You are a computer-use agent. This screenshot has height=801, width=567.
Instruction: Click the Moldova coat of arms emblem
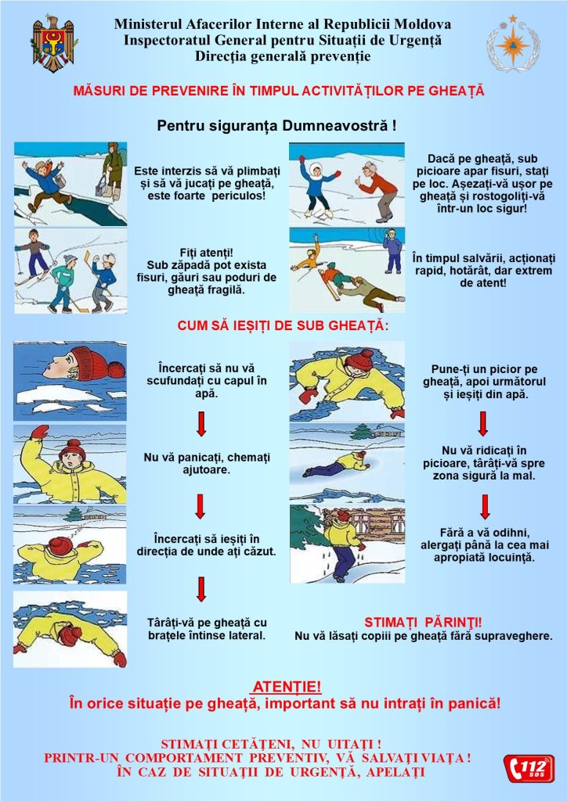[x=53, y=43]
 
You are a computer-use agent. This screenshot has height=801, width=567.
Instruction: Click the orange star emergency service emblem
[x=513, y=44]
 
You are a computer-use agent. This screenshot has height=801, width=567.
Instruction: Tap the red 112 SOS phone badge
[x=529, y=769]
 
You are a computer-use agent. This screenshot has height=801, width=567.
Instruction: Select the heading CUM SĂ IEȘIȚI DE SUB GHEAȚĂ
[x=283, y=326]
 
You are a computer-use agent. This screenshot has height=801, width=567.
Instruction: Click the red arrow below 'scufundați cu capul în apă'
[x=201, y=424]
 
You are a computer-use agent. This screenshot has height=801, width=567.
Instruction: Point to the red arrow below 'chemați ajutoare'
[x=200, y=506]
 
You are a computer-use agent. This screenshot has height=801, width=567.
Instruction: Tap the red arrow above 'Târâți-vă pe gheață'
[x=201, y=589]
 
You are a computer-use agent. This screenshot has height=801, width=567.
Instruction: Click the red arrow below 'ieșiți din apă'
[x=482, y=423]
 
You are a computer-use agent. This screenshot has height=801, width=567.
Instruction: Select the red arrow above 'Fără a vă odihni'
[x=485, y=507]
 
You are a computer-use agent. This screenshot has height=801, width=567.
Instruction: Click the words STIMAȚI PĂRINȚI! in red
[x=423, y=623]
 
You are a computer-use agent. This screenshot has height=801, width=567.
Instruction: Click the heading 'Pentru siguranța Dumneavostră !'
[x=276, y=126]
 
